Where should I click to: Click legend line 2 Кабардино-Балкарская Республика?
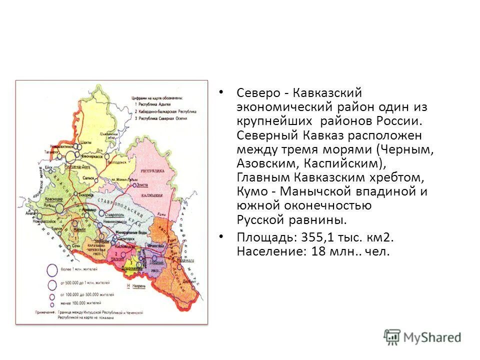(165, 112)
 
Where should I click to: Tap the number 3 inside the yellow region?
(130, 262)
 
